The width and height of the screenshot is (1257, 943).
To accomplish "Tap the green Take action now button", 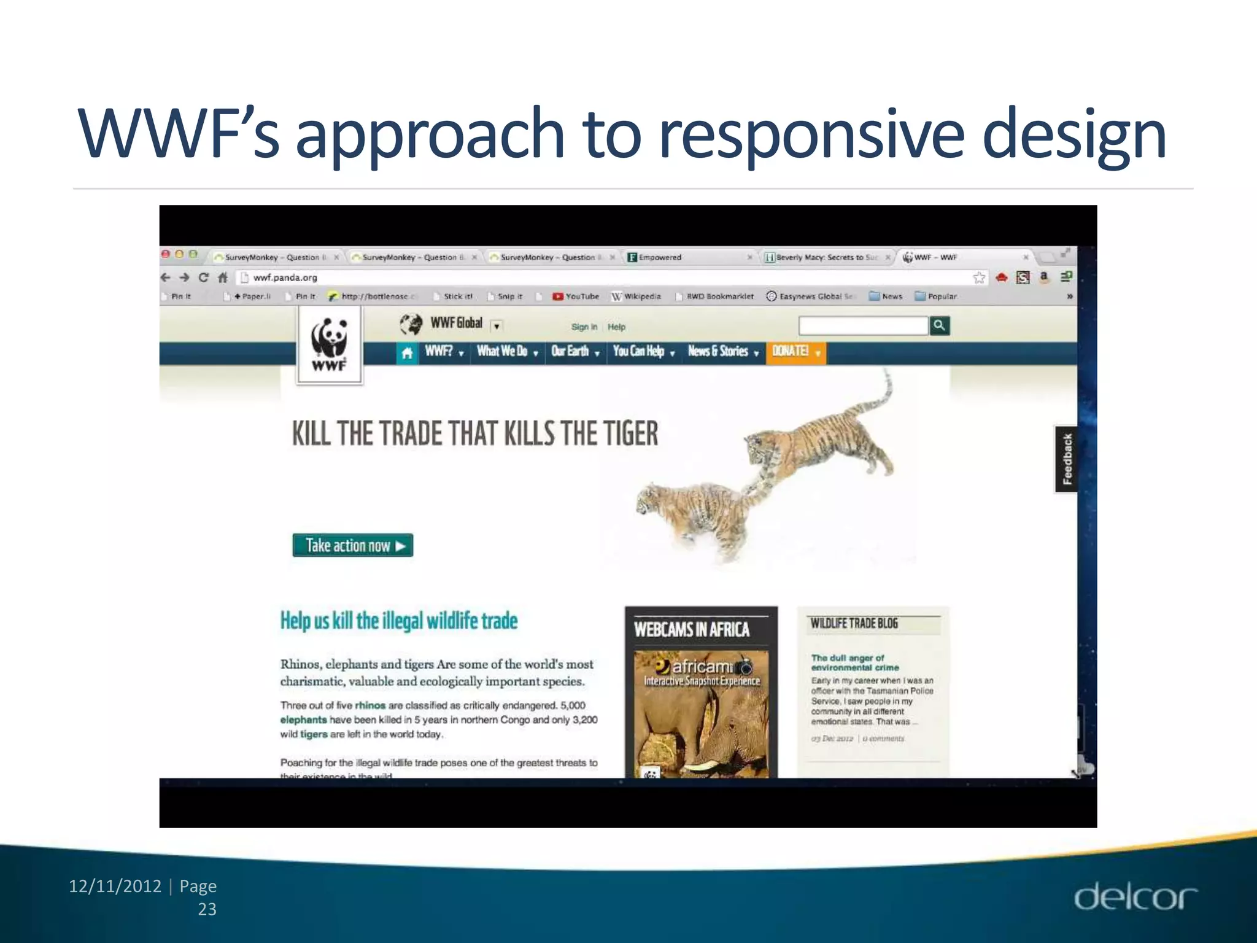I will (353, 545).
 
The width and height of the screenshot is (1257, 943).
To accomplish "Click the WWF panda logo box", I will (330, 345).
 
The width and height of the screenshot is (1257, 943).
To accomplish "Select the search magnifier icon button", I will (939, 325).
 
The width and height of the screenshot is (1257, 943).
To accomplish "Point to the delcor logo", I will (1135, 898).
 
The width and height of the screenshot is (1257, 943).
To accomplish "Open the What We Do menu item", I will (507, 352).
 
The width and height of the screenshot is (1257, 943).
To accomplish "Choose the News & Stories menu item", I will (722, 352).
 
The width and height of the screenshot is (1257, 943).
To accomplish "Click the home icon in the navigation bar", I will (406, 353).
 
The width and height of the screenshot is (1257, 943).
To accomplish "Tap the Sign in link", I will (584, 327).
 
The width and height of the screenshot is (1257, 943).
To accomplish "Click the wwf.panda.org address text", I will (285, 277).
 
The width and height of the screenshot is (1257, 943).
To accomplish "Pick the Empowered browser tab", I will (660, 257).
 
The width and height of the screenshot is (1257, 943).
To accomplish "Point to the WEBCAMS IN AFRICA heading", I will (692, 629).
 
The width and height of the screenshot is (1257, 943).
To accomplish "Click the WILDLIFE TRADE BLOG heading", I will (854, 624).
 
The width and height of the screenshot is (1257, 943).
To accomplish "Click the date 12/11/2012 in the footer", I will (115, 886).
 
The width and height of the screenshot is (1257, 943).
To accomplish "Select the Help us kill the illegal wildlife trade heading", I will (399, 621).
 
